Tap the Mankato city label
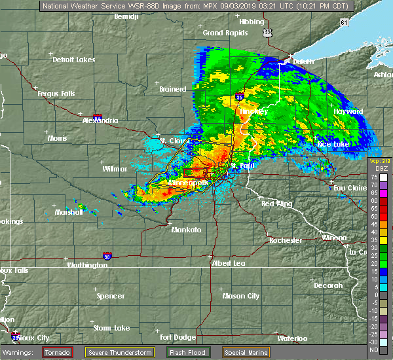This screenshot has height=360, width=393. [x=186, y=230]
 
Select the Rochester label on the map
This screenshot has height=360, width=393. [x=286, y=240]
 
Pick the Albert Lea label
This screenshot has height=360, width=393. [x=227, y=262]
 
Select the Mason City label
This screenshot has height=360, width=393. [x=241, y=296]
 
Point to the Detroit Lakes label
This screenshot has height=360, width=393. [x=73, y=60]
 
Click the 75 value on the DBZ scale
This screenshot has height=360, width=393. [x=374, y=176]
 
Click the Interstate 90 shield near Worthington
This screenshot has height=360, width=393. [x=107, y=256]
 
